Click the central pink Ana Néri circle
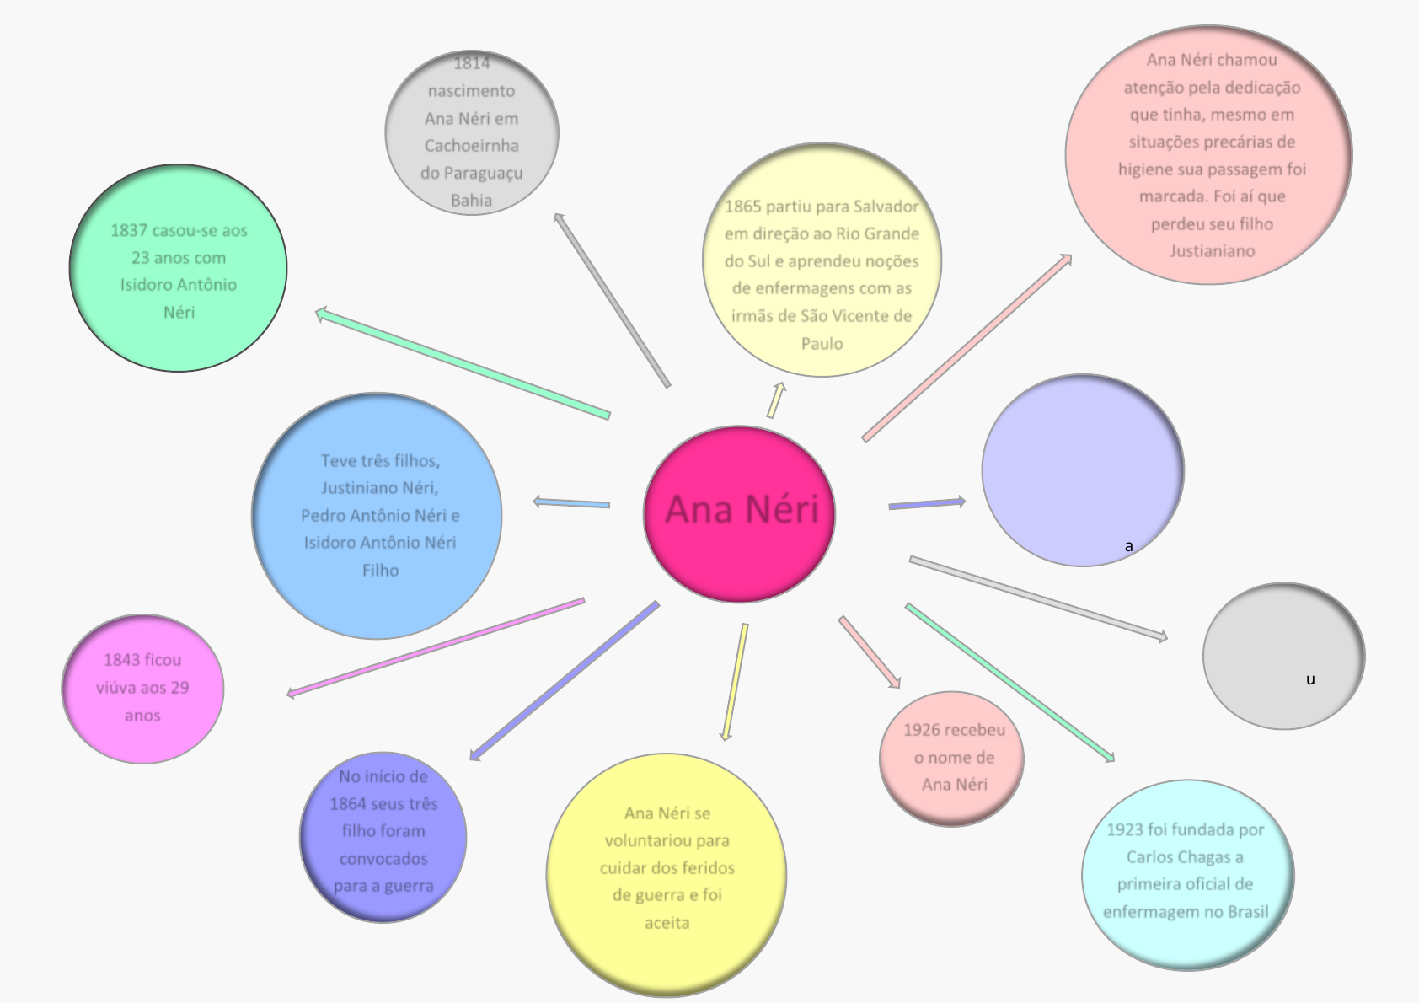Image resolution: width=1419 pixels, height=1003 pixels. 739,512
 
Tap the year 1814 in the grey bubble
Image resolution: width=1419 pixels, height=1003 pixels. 471,63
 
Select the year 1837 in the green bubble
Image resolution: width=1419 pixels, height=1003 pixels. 129,230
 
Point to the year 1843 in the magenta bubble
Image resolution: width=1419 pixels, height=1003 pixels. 121,660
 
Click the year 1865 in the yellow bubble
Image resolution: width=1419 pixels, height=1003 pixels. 742,206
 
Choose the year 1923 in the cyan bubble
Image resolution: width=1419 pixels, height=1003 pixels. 1124,829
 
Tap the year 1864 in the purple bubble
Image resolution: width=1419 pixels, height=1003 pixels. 348,804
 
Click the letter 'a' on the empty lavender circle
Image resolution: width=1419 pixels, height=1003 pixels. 1129,546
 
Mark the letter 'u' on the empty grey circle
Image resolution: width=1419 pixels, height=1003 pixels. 1309,679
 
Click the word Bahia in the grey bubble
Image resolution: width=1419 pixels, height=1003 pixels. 471,201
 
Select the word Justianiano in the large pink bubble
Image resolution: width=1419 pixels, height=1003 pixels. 1212,251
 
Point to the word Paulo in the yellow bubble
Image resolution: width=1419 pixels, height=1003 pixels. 822,344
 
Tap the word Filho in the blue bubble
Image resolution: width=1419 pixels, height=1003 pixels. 380,571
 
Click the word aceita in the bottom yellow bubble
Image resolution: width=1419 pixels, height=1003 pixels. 667,923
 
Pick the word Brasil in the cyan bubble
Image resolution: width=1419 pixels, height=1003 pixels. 1247,912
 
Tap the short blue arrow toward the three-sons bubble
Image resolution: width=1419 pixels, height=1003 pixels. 570,503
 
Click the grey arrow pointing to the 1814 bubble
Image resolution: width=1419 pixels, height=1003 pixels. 612,300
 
